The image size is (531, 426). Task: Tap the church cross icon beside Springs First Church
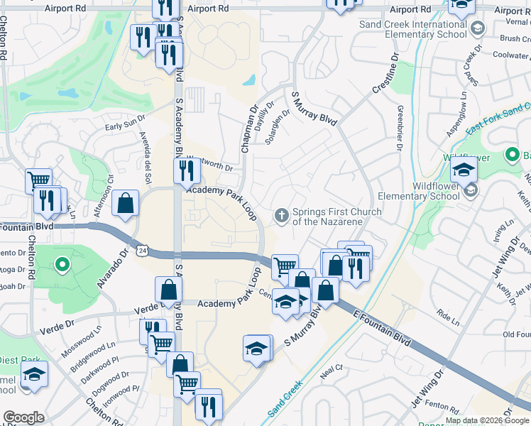point(282,214)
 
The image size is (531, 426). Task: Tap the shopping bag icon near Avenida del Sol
point(125,203)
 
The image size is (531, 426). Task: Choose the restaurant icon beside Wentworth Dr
point(186,170)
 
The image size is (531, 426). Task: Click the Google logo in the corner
point(23,417)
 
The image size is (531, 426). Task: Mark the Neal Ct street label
point(332,368)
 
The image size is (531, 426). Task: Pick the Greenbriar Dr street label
point(399,129)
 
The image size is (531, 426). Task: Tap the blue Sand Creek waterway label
point(285,399)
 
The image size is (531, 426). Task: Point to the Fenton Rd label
point(442,405)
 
